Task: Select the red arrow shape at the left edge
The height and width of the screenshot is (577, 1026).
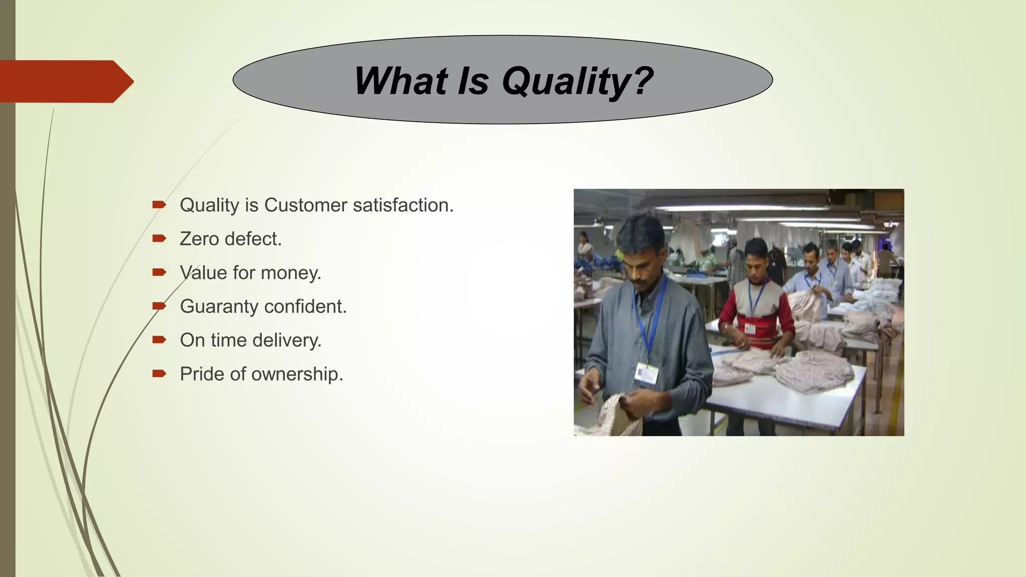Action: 65,81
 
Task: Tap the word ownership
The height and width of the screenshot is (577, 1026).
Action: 297,374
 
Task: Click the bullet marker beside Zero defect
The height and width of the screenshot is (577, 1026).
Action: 159,239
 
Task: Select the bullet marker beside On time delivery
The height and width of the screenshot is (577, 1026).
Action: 159,340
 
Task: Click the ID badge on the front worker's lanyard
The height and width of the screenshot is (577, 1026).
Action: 646,373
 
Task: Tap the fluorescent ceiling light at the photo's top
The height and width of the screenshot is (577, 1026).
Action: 741,207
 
